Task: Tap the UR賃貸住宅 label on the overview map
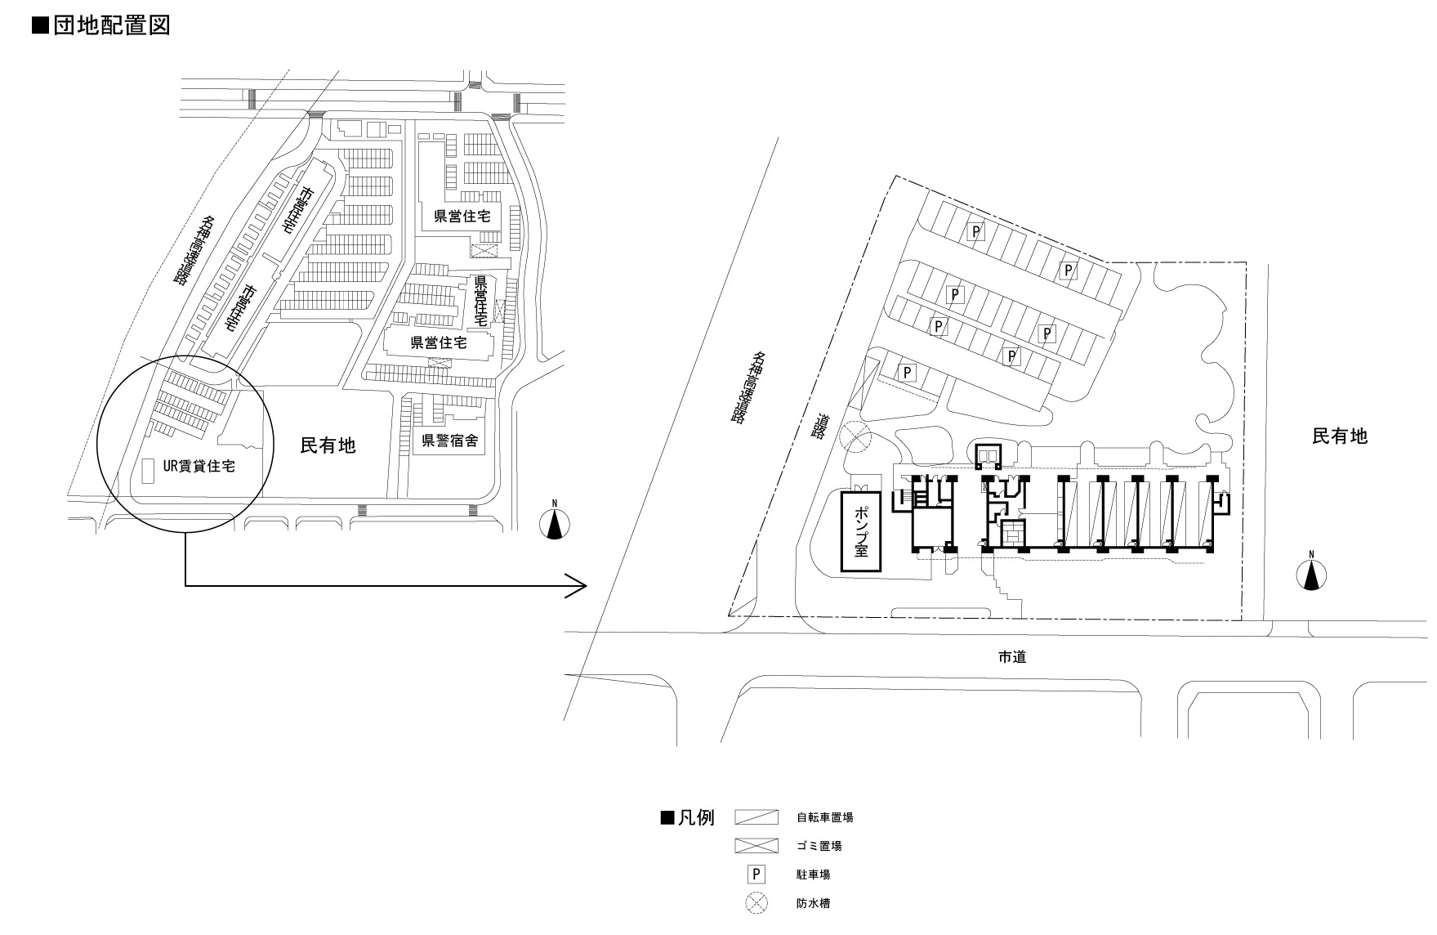pyautogui.click(x=199, y=467)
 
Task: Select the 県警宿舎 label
pyautogui.click(x=449, y=442)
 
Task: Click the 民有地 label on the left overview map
pyautogui.click(x=328, y=445)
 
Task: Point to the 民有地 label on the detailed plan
pyautogui.click(x=1339, y=436)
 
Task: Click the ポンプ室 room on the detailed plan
pyautogui.click(x=862, y=530)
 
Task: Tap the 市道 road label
pyautogui.click(x=1011, y=656)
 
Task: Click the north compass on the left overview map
pyautogui.click(x=555, y=523)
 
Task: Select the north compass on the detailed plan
pyautogui.click(x=1311, y=575)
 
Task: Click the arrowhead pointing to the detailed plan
pyautogui.click(x=578, y=585)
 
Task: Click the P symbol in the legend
pyautogui.click(x=757, y=875)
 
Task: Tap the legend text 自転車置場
pyautogui.click(x=825, y=816)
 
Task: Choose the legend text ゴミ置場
pyautogui.click(x=819, y=846)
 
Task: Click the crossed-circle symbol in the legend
pyautogui.click(x=757, y=903)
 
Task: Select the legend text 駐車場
pyautogui.click(x=814, y=875)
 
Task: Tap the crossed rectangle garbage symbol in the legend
pyautogui.click(x=757, y=846)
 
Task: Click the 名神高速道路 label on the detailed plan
pyautogui.click(x=749, y=387)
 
